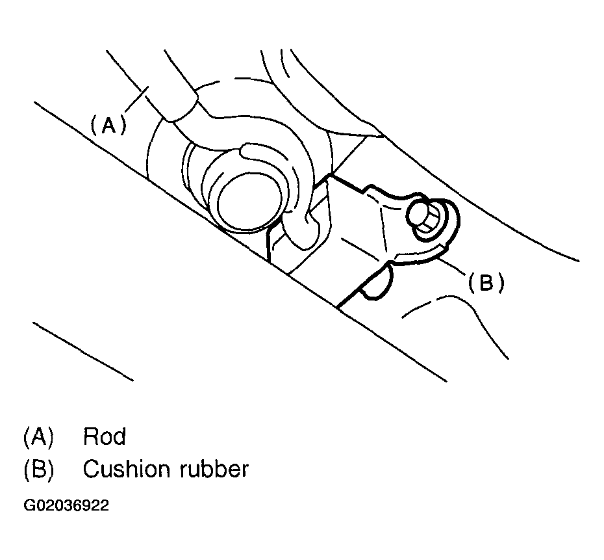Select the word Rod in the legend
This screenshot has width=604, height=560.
[x=104, y=436]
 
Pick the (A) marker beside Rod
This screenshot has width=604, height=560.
[x=38, y=436]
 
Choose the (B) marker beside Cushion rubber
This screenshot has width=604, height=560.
[x=38, y=469]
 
